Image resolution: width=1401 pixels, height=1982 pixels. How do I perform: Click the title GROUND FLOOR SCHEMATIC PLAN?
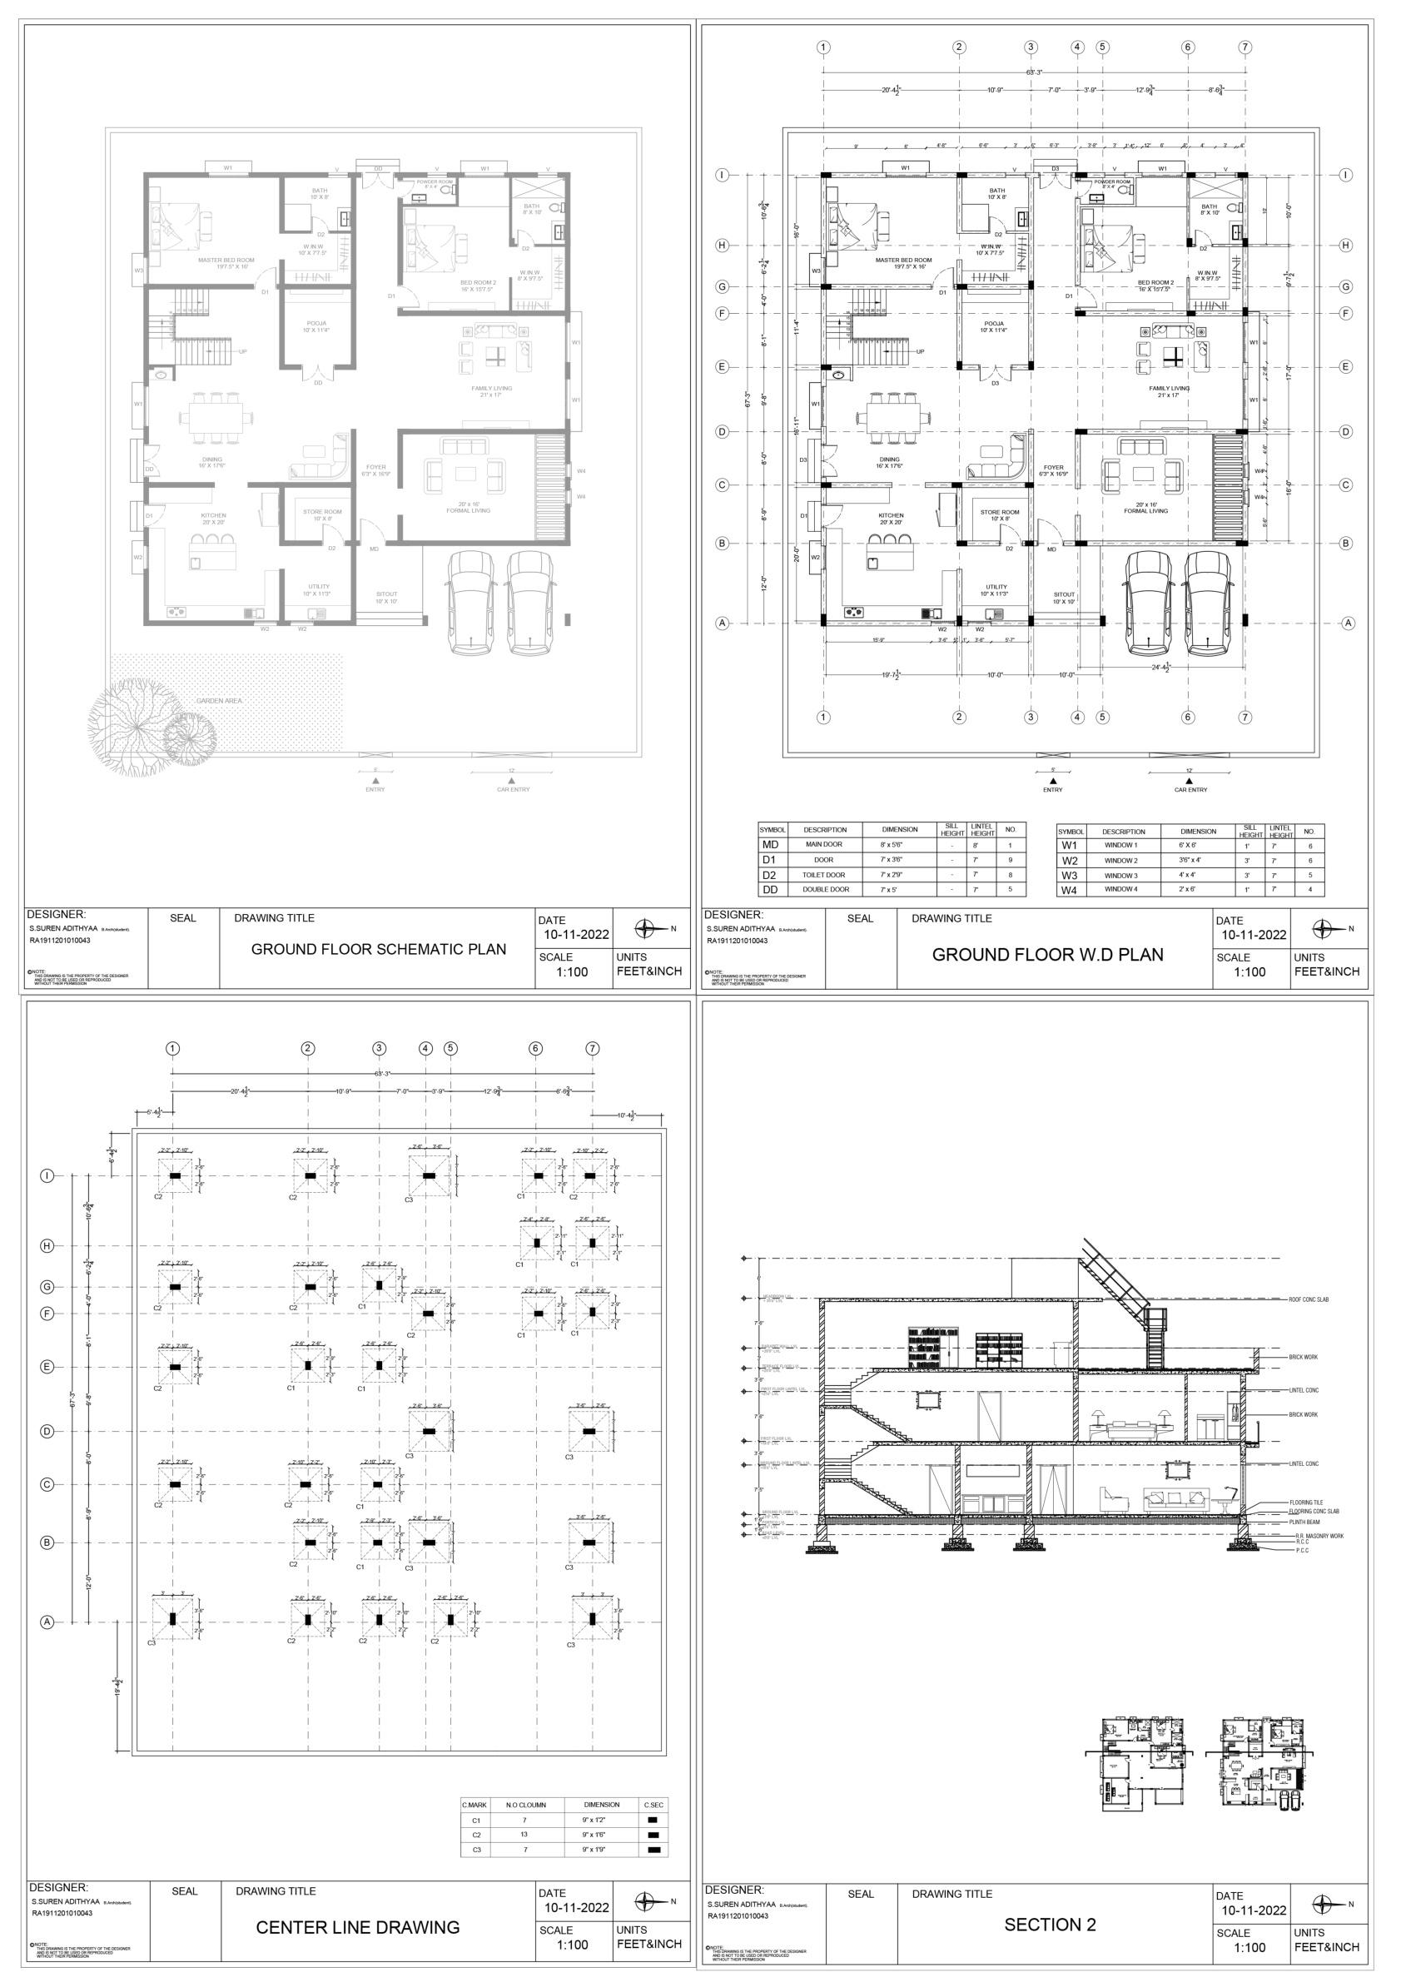point(378,949)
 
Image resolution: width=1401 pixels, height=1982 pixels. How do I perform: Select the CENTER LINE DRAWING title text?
point(357,1927)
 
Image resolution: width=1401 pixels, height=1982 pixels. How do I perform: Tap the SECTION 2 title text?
point(1050,1925)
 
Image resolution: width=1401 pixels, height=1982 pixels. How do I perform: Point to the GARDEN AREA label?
point(218,701)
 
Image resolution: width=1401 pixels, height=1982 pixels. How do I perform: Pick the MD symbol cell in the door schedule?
point(770,845)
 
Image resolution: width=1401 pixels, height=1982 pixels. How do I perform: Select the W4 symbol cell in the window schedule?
point(1069,889)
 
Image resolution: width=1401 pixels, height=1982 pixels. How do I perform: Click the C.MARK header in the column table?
point(474,1804)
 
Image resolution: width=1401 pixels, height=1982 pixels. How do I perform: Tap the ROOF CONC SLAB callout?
point(1309,1324)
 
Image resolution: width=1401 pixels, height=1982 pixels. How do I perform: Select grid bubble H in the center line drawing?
point(48,1245)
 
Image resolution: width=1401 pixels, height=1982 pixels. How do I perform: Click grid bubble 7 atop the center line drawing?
point(592,1049)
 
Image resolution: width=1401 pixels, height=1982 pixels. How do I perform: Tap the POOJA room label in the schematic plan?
point(316,326)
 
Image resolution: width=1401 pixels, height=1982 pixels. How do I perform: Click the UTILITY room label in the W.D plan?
point(996,587)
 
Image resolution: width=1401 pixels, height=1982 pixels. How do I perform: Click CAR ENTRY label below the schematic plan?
point(513,790)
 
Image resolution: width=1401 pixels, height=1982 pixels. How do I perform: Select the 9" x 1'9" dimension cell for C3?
point(601,1850)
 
